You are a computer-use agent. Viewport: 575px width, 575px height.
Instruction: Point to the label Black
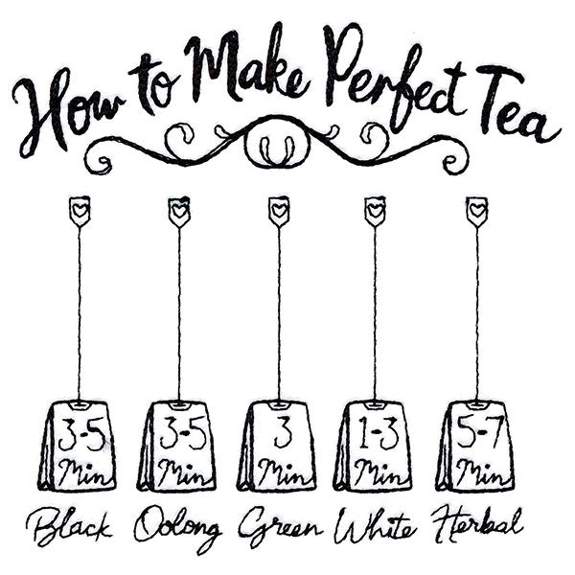click(70, 525)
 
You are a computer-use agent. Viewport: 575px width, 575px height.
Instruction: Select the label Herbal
click(477, 525)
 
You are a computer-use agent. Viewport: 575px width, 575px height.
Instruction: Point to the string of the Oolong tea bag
click(178, 307)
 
